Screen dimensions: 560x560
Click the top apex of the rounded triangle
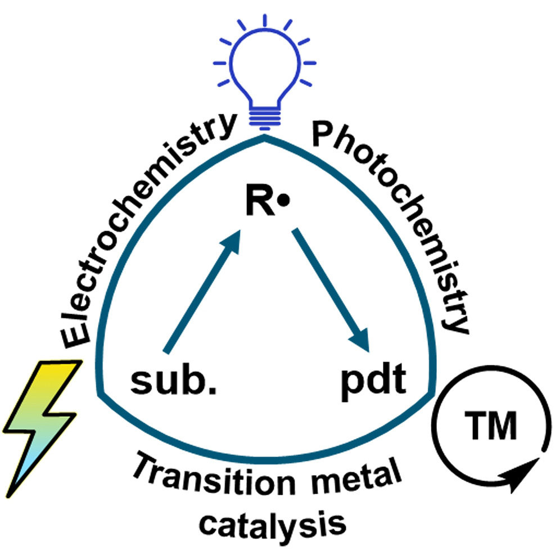coord(264,139)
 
